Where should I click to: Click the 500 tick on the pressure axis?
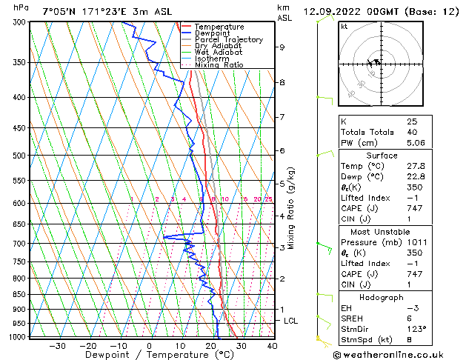coord(21,156)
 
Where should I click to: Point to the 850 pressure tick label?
coord(21,295)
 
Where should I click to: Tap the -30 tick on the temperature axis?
coord(57,346)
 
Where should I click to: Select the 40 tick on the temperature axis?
coord(272,346)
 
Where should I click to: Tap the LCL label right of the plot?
coord(291,321)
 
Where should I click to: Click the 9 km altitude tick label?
coord(282,47)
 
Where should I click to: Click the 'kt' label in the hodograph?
coord(344,27)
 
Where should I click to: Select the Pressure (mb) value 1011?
coord(415,241)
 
